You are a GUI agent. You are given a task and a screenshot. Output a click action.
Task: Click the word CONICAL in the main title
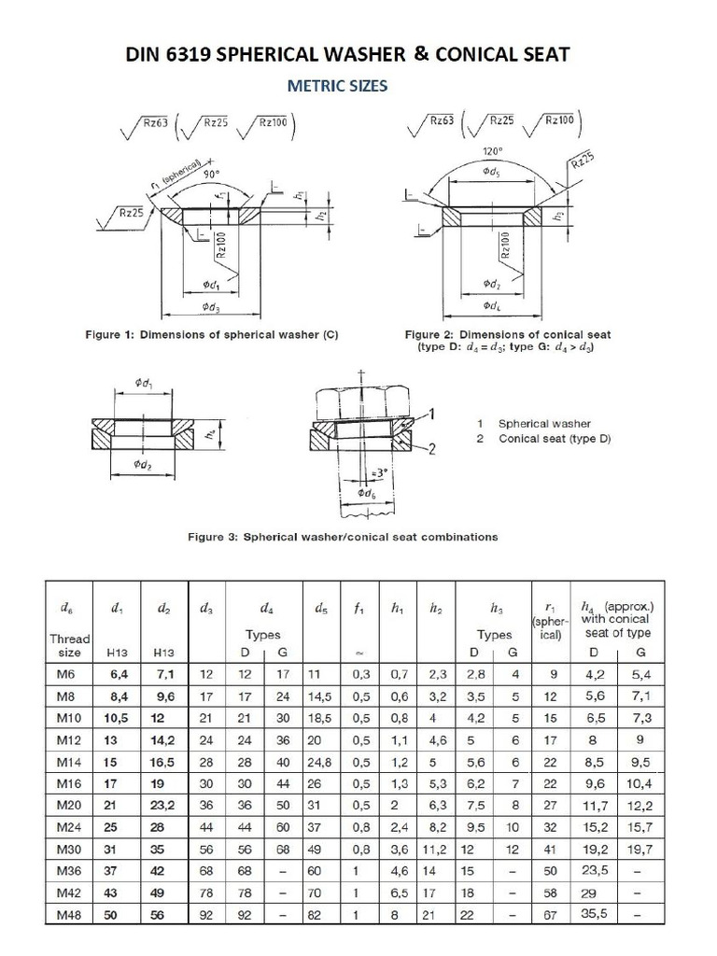click(482, 55)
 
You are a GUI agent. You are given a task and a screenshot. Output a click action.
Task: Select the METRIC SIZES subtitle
click(337, 87)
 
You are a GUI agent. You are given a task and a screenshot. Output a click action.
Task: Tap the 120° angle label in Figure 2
click(492, 150)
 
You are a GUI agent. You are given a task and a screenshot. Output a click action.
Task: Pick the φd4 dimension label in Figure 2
click(492, 305)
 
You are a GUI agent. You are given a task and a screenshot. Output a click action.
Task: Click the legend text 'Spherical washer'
click(544, 424)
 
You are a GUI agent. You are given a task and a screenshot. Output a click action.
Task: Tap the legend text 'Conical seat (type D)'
click(555, 439)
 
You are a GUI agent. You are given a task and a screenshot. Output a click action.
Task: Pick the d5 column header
click(321, 609)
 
